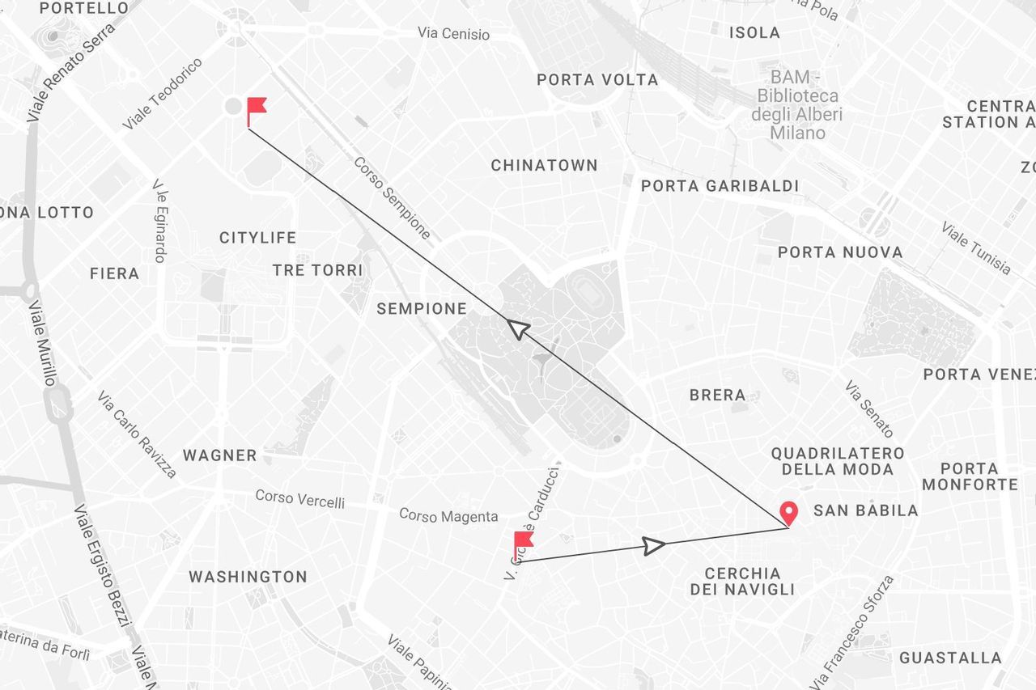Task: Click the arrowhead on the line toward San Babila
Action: (x=653, y=545)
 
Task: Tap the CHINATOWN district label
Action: (x=544, y=165)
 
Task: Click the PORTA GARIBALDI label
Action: (x=720, y=186)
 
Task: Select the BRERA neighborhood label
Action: (x=717, y=395)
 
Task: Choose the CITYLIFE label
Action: (x=257, y=238)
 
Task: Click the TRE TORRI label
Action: (x=317, y=270)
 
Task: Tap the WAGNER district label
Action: (x=219, y=455)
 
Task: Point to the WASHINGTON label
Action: (x=248, y=577)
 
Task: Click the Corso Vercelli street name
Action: (x=299, y=498)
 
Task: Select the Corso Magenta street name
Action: (x=448, y=515)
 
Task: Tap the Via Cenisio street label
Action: (x=453, y=34)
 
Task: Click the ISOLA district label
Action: (x=754, y=33)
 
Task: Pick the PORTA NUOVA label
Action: (x=840, y=252)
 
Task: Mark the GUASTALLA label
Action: (x=950, y=658)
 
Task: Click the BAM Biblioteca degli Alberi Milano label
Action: (x=796, y=105)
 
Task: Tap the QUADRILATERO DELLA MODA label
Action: (x=837, y=461)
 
